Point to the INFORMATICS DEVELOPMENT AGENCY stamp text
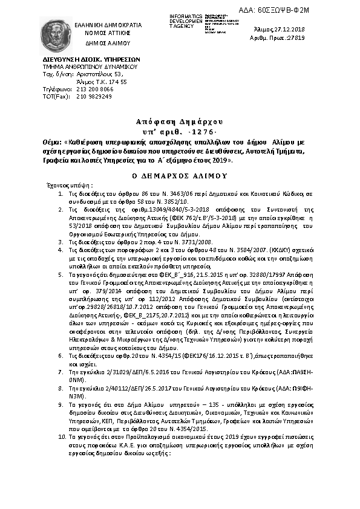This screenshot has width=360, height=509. tap(184, 19)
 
